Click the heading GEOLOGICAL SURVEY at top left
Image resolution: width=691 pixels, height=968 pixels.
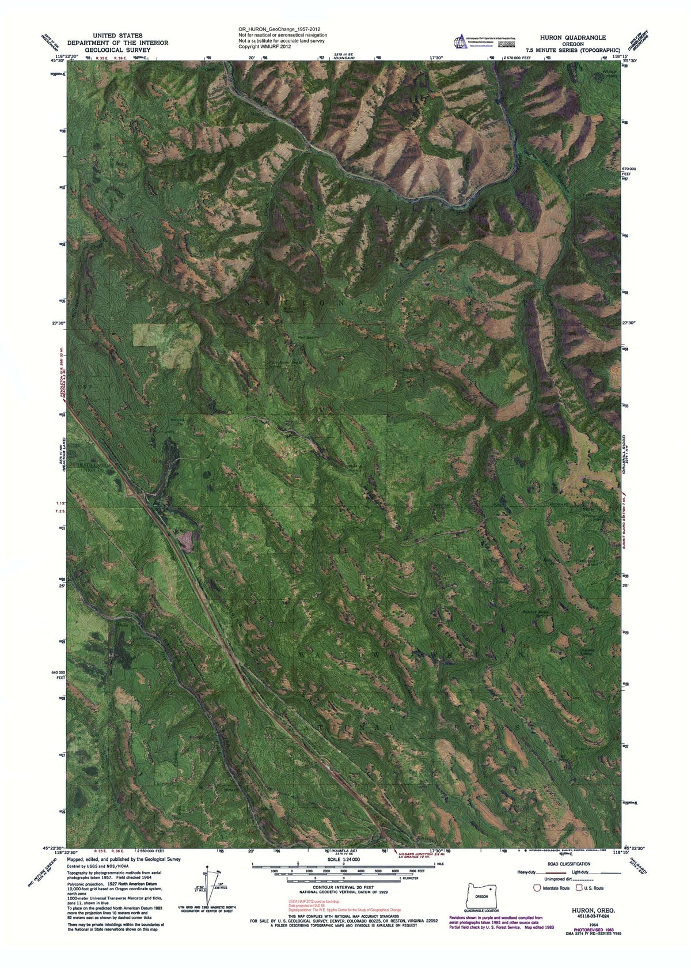click(117, 50)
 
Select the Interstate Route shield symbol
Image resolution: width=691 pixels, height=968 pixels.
click(538, 888)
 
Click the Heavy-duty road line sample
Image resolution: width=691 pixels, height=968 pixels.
click(550, 874)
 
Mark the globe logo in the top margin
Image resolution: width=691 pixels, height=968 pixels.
click(460, 42)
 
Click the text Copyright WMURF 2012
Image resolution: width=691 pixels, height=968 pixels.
click(264, 46)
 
